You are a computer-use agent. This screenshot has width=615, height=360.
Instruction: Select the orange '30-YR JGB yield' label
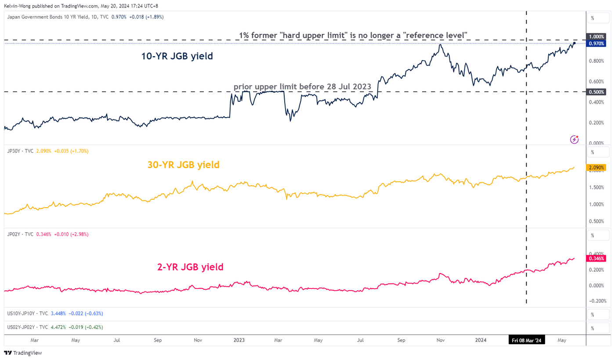(x=183, y=165)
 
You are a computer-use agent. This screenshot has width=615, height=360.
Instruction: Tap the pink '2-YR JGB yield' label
(x=190, y=266)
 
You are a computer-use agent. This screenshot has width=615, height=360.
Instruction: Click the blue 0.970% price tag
(x=596, y=43)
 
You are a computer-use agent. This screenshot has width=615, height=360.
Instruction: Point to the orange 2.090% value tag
(x=596, y=167)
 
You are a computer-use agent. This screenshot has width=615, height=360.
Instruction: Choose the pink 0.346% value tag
(x=596, y=259)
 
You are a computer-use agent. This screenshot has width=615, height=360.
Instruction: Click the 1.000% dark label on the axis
(x=596, y=37)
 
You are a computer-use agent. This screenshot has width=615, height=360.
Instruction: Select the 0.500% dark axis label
(x=596, y=91)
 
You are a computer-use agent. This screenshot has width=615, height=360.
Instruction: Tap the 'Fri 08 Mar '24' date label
(x=526, y=340)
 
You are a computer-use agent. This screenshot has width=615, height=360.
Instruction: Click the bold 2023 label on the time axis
(x=239, y=340)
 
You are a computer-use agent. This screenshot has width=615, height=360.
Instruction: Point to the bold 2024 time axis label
(x=481, y=340)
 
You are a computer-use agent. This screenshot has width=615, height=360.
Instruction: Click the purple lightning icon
(x=574, y=140)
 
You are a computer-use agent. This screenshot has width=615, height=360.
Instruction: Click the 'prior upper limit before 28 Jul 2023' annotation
(x=303, y=86)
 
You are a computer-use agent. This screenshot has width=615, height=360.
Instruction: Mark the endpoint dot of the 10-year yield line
(x=574, y=43)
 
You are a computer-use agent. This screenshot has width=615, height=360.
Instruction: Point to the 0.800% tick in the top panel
(x=596, y=61)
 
